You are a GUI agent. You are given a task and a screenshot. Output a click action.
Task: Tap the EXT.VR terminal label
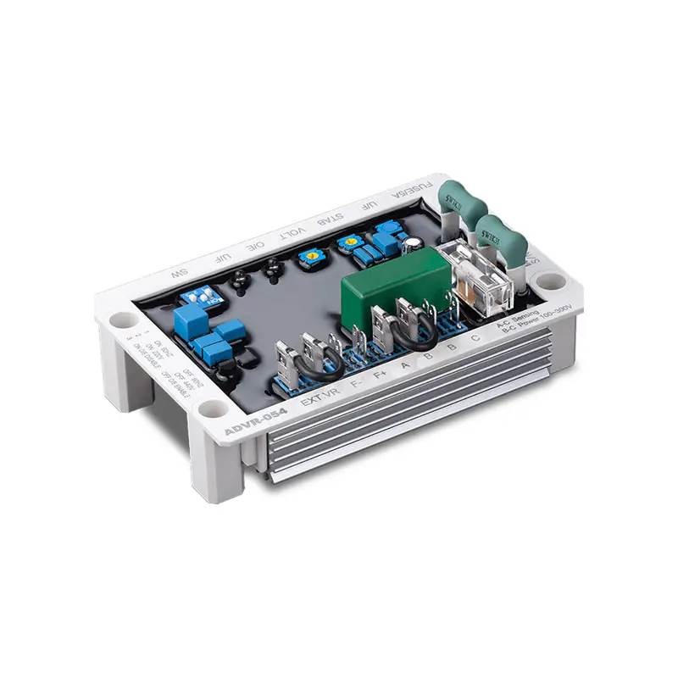[321, 395]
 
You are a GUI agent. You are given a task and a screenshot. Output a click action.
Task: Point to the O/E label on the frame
[254, 247]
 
